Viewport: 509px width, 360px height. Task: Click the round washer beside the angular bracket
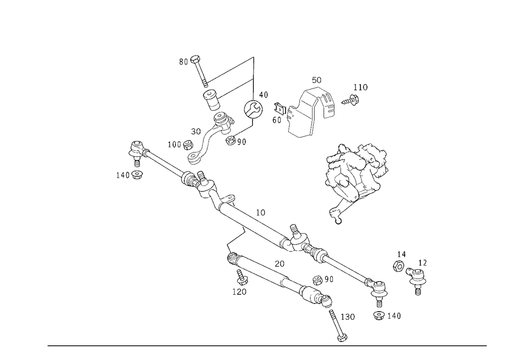tap(253, 108)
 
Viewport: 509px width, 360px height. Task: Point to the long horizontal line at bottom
tap(267, 345)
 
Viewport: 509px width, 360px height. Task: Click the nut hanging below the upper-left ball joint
tap(131, 175)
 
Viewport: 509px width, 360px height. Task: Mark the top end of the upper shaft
tap(195, 58)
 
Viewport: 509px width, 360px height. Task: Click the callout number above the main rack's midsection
tap(261, 214)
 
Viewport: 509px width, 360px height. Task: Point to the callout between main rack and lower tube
tap(279, 263)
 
